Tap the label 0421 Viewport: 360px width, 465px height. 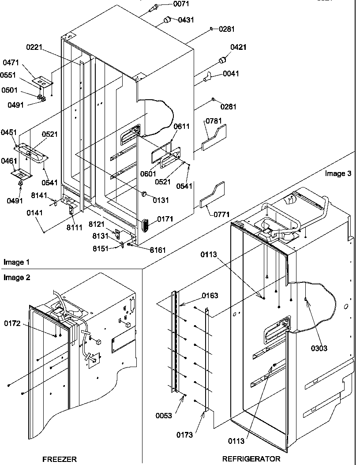coord(238,47)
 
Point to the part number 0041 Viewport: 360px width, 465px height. coord(231,74)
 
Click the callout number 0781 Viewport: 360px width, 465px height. coord(213,121)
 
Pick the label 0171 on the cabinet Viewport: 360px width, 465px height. coord(165,219)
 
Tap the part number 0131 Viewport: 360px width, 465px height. coord(161,200)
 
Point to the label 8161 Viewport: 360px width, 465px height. coord(158,250)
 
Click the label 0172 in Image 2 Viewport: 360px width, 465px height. coord(13,324)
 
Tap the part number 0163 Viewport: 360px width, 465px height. coord(210,295)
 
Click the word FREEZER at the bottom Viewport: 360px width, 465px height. coord(59,459)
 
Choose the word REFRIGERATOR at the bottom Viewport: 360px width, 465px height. coord(251,459)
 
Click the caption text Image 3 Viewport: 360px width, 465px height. coord(338,173)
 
